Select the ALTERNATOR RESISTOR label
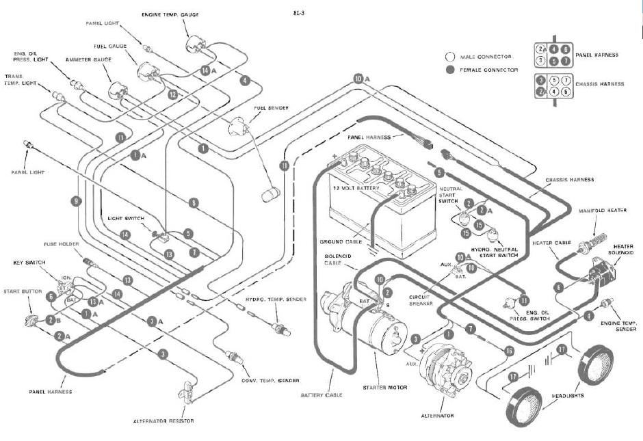(163, 420)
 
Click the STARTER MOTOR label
(385, 388)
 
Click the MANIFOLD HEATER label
(603, 211)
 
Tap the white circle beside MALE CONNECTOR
(450, 57)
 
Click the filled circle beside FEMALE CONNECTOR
(450, 70)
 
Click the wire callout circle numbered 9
(75, 201)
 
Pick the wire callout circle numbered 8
(194, 202)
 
